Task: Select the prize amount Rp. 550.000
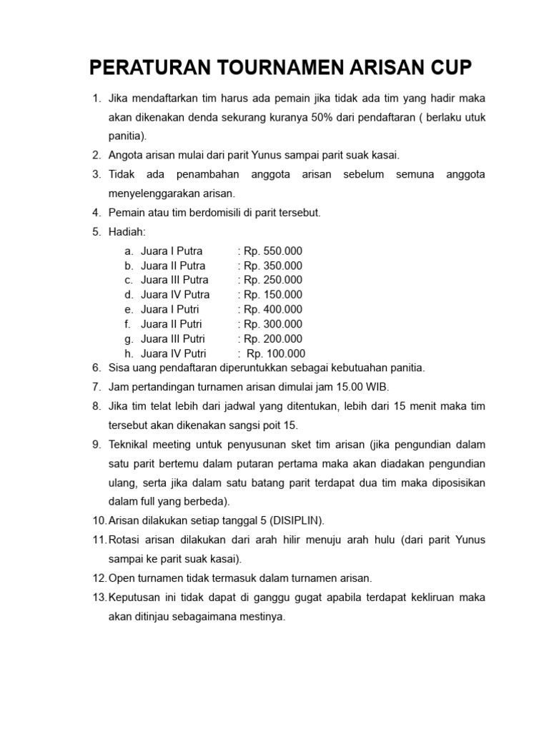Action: [272, 251]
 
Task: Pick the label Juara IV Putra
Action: [175, 295]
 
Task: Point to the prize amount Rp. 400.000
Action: [272, 309]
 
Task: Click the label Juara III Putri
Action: [174, 338]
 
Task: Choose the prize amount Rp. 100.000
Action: [275, 353]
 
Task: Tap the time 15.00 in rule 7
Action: [350, 387]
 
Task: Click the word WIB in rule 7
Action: [377, 387]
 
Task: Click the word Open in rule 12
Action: [122, 578]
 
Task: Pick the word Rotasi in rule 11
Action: [124, 540]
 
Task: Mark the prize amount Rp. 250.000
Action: [272, 280]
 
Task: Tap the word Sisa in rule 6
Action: [119, 368]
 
